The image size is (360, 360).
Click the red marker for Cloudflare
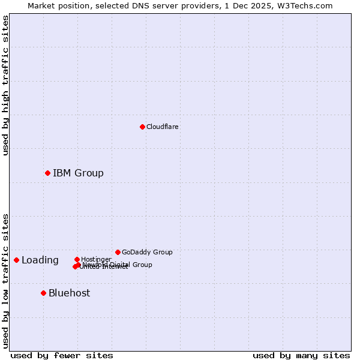click(x=142, y=127)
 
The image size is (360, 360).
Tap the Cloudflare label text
click(x=163, y=127)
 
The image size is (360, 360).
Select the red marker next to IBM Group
click(x=47, y=173)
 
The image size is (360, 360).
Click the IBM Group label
click(x=78, y=173)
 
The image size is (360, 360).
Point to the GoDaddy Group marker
click(x=118, y=252)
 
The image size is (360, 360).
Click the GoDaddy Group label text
click(x=147, y=252)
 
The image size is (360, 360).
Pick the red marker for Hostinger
click(x=77, y=259)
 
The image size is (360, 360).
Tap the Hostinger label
click(x=96, y=259)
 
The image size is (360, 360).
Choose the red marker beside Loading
click(x=16, y=260)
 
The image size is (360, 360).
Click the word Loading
click(x=40, y=260)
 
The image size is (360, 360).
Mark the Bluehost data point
click(x=43, y=293)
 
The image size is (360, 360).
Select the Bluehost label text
click(x=69, y=293)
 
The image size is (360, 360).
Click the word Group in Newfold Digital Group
click(x=142, y=265)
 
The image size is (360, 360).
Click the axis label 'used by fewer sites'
click(x=62, y=355)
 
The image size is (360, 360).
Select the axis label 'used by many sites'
click(x=301, y=355)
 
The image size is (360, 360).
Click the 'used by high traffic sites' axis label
click(x=6, y=85)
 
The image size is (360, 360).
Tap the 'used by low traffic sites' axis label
click(x=6, y=280)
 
